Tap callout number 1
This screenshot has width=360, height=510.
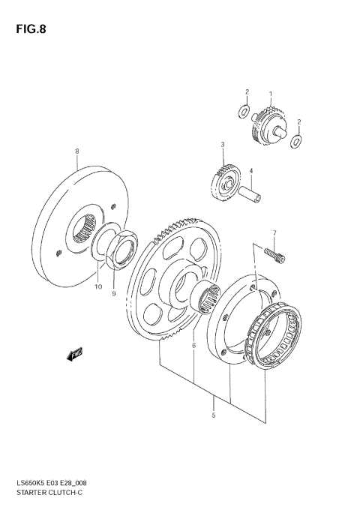coord(271,95)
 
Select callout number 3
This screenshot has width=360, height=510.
coord(222,144)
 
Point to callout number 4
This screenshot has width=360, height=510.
coord(251,170)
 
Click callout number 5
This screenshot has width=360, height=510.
coord(214,415)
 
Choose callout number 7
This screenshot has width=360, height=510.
coord(274,232)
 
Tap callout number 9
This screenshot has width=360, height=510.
coord(114,293)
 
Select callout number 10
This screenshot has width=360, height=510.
coord(97,286)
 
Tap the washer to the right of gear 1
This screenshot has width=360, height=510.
coord(298,139)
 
